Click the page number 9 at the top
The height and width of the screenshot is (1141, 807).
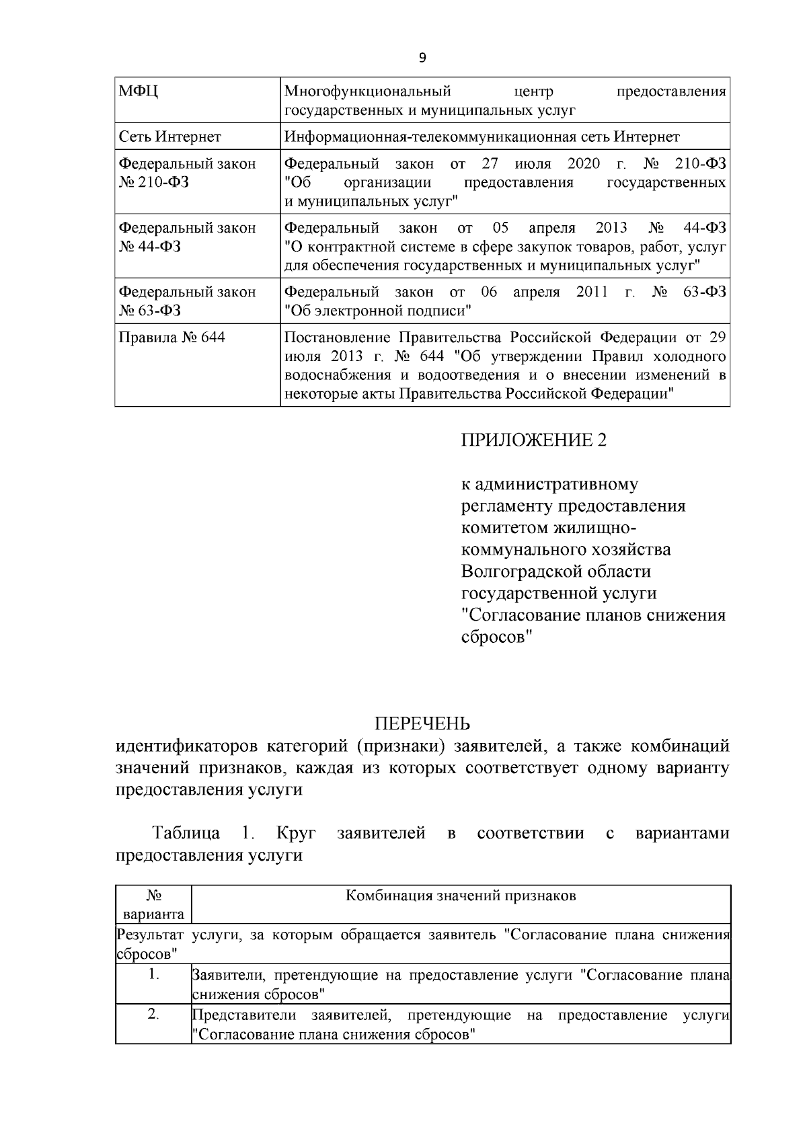(422, 58)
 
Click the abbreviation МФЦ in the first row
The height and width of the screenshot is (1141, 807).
(139, 91)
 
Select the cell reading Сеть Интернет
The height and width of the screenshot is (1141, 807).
(169, 137)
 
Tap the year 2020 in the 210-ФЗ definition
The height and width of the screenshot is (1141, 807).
(584, 164)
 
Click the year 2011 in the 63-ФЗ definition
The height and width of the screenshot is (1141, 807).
(592, 292)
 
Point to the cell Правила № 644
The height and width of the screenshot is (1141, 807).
(171, 337)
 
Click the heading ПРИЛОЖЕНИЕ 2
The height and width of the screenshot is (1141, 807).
(533, 440)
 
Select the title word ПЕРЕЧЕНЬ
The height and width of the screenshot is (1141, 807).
(422, 723)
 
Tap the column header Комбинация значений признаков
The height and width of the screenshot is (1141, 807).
(461, 896)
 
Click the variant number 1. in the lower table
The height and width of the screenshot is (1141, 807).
(153, 975)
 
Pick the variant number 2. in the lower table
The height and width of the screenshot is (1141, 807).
(153, 1015)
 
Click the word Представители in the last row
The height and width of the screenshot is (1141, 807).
(244, 1015)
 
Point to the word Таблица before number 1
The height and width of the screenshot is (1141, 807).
(186, 834)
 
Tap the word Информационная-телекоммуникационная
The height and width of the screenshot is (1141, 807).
(429, 137)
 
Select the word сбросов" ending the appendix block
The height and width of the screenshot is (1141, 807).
(496, 637)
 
